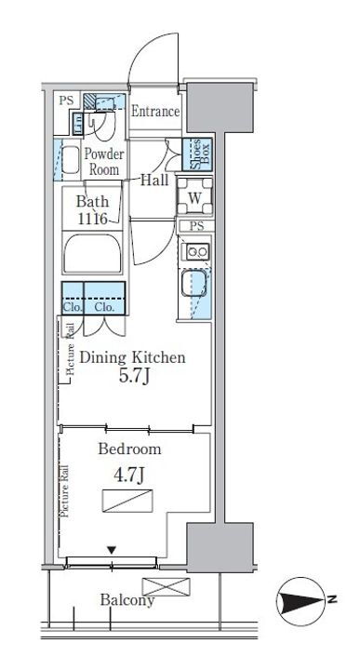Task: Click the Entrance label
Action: [155, 112]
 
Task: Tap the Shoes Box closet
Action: [197, 154]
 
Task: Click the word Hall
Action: [154, 181]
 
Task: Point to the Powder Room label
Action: [103, 162]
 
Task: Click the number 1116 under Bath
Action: [92, 219]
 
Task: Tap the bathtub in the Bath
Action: [93, 253]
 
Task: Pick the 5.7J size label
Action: [133, 376]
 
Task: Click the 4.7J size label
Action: [128, 476]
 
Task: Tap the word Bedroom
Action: [130, 449]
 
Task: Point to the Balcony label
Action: [127, 599]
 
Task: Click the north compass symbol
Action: [301, 601]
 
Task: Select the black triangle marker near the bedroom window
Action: [112, 550]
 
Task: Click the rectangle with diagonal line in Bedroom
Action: [127, 501]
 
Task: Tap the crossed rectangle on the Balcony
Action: [166, 586]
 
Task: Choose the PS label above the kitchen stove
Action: [196, 226]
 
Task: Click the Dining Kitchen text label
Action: [133, 357]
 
